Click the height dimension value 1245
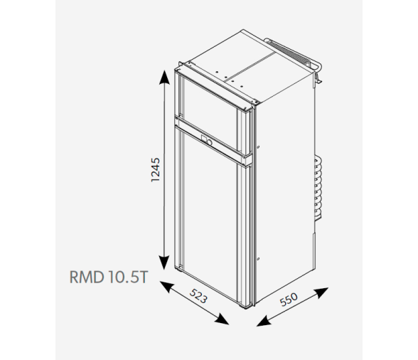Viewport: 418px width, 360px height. click(156, 170)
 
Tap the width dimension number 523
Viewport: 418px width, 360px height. click(198, 296)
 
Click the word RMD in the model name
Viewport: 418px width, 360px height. click(87, 277)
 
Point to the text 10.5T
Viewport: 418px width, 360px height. click(128, 277)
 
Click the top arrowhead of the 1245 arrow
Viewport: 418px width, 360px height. click(164, 77)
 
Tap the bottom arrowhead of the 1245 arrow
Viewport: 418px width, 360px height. click(164, 263)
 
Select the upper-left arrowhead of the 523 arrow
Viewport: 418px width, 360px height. click(167, 287)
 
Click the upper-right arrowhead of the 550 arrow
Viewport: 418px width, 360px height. click(321, 292)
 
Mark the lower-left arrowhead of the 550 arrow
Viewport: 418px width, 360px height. click(264, 321)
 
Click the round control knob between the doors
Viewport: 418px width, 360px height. click(209, 142)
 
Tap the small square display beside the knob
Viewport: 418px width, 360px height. click(204, 139)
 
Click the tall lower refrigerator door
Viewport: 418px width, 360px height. click(210, 216)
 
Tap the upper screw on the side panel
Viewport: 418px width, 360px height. click(258, 147)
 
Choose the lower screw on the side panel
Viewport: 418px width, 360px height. click(258, 259)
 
